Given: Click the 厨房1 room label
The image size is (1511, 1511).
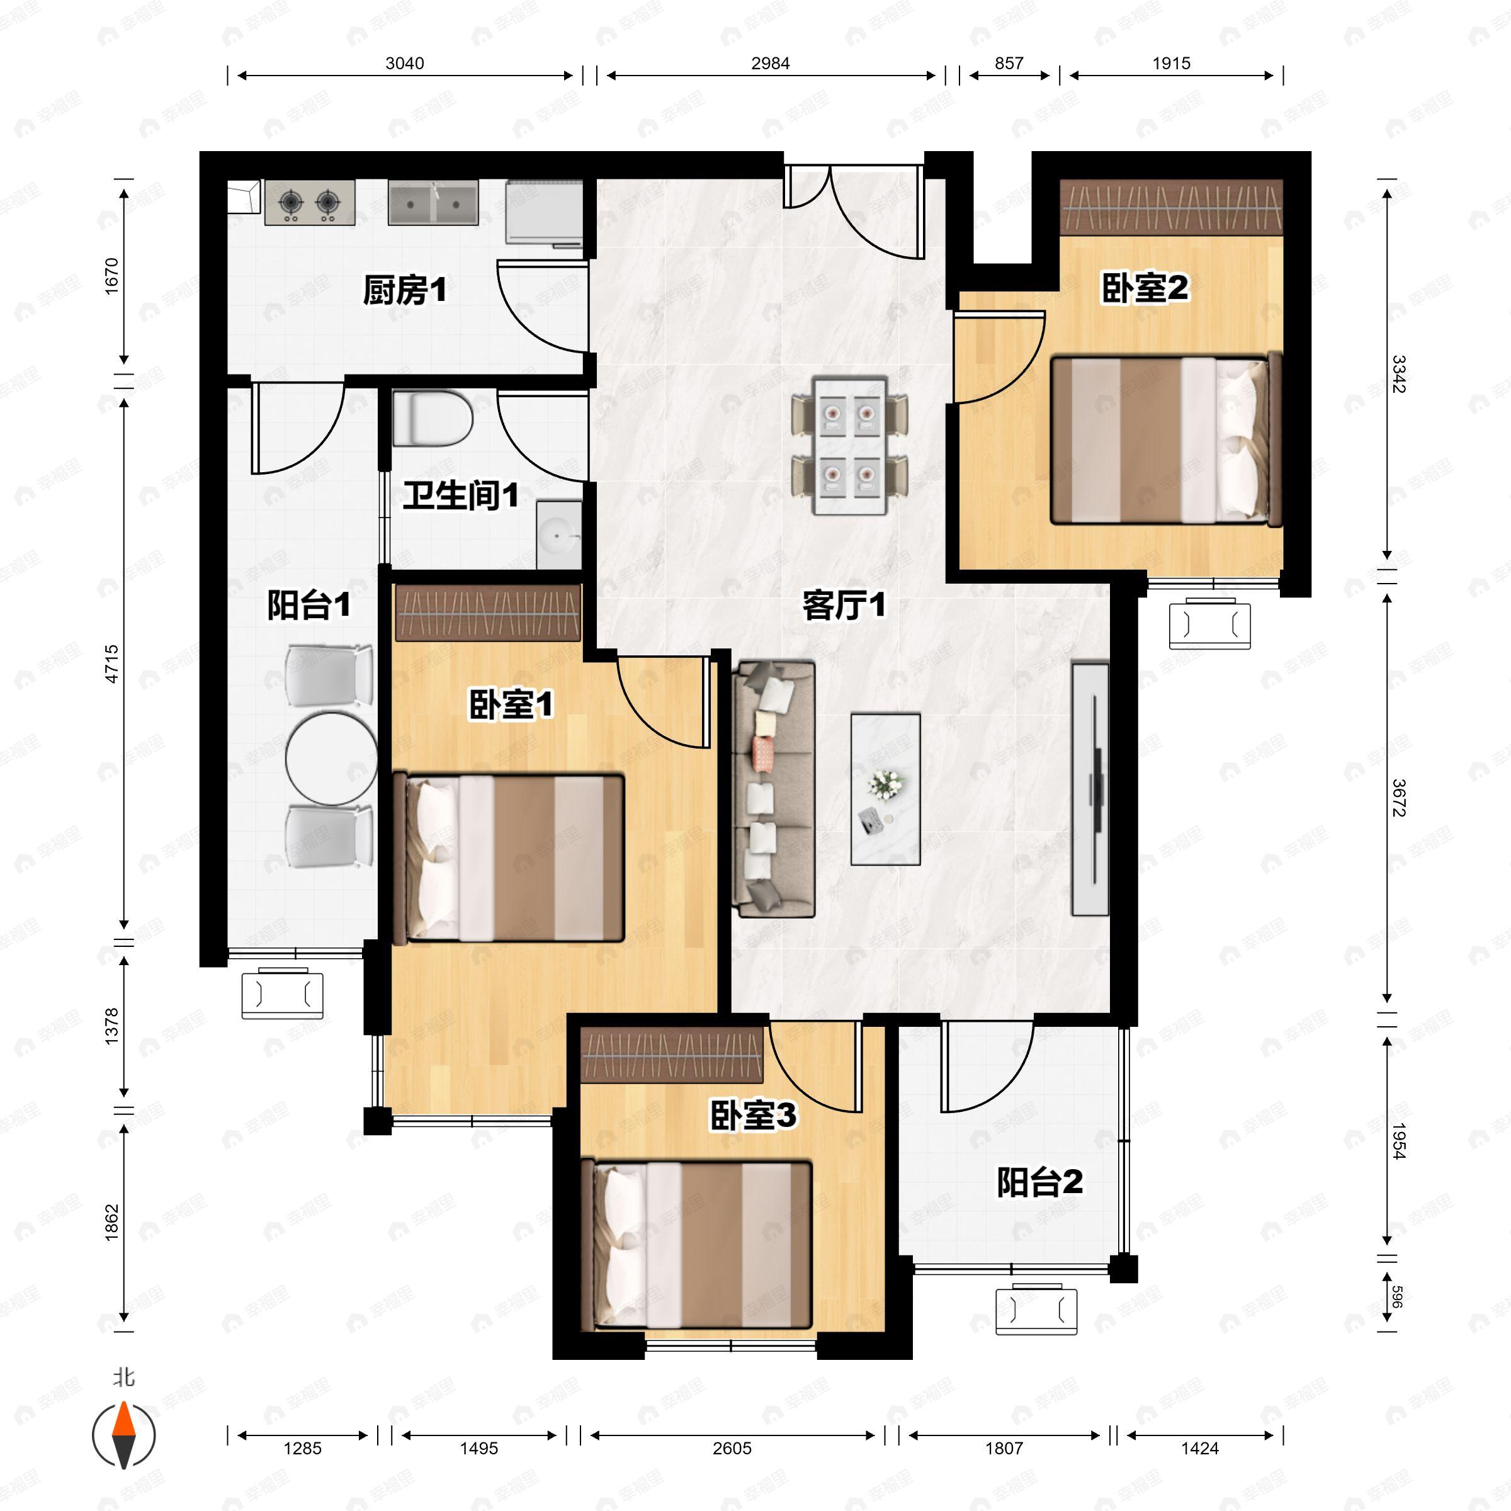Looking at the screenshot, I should pyautogui.click(x=404, y=291).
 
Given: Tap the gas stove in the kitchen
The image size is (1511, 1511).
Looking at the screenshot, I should pyautogui.click(x=310, y=203).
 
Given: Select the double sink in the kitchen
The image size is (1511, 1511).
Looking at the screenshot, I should pyautogui.click(x=433, y=203).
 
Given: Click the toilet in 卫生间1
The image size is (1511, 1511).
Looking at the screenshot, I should pyautogui.click(x=433, y=419).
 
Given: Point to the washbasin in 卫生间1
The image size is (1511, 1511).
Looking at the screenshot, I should pyautogui.click(x=559, y=536).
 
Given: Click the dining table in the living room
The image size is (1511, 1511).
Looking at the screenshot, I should pyautogui.click(x=849, y=446).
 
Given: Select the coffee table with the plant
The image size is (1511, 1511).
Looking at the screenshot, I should pyautogui.click(x=885, y=788).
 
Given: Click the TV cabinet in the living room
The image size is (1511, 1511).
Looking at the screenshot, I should pyautogui.click(x=1090, y=789).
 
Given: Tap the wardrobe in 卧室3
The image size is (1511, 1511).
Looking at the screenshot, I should pyautogui.click(x=672, y=1055).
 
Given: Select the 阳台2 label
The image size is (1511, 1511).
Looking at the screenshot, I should pyautogui.click(x=1039, y=1182).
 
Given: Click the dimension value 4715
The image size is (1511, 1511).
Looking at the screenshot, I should pyautogui.click(x=112, y=663).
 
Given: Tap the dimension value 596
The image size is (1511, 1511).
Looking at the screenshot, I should pyautogui.click(x=1397, y=1298).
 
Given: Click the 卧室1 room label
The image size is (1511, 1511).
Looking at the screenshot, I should pyautogui.click(x=511, y=705).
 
